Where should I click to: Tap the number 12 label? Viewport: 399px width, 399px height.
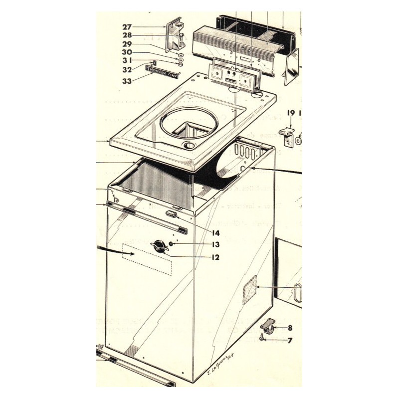pos(215,257)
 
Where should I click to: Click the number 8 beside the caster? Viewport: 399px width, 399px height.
pos(290,328)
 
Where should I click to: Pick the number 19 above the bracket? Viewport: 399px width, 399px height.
pos(291,113)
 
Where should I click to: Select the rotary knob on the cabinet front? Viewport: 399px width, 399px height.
pos(159,246)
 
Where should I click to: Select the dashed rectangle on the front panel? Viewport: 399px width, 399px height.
pos(148,259)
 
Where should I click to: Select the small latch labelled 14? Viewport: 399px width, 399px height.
pos(172,214)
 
